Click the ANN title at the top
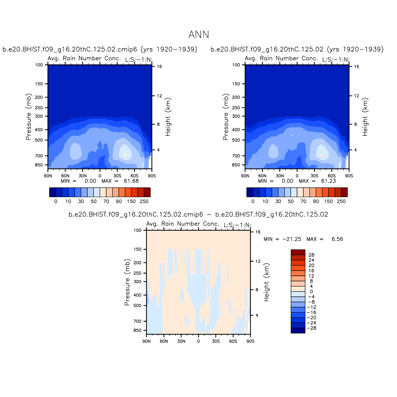click(198, 35)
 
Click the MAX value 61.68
click(131, 181)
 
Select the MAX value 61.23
click(328, 181)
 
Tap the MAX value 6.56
click(337, 239)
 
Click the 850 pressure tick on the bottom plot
click(137, 330)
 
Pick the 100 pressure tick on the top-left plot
click(39, 65)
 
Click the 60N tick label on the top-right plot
click(262, 176)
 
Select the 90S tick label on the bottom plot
click(250, 341)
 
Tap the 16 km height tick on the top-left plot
click(159, 67)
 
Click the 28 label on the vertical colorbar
click(311, 255)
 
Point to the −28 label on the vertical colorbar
click(311, 328)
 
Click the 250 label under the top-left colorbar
click(144, 201)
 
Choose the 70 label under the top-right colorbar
click(303, 201)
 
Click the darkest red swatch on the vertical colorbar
click(298, 252)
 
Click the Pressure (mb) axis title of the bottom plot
click(127, 282)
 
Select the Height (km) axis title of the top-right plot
click(365, 117)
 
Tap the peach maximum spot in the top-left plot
click(125, 155)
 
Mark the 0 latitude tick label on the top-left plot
click(100, 176)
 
